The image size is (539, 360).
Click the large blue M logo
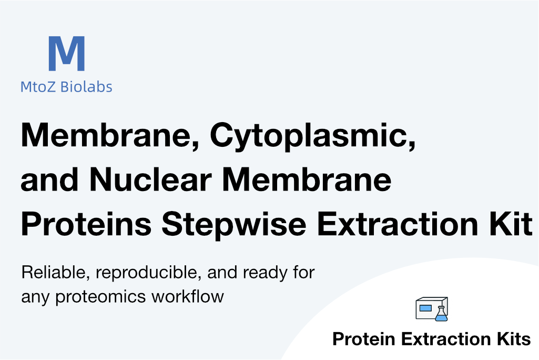(66, 53)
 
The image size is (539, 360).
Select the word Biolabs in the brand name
(86, 86)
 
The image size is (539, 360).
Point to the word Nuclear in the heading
(150, 179)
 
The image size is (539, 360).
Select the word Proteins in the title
(86, 223)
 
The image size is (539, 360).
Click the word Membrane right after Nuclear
(307, 179)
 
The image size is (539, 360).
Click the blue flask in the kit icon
(441, 315)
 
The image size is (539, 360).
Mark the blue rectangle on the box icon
(425, 308)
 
